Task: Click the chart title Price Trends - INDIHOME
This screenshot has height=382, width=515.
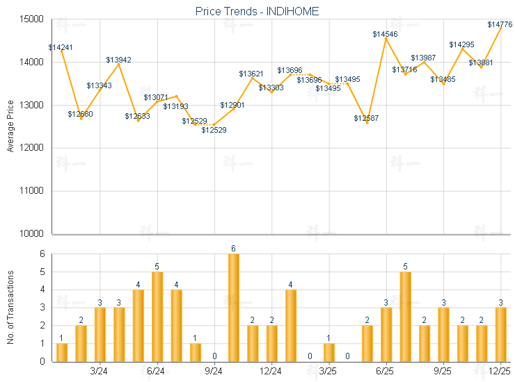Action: (x=257, y=11)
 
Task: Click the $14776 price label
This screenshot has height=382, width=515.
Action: (x=500, y=25)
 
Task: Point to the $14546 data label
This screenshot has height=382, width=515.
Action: (x=385, y=34)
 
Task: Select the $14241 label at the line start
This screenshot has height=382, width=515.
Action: (x=61, y=48)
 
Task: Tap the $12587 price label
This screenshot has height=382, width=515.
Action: (x=366, y=119)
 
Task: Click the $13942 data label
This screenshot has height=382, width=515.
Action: (x=118, y=60)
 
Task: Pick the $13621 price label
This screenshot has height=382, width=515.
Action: (x=251, y=74)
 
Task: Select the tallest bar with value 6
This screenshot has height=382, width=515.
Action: (x=234, y=307)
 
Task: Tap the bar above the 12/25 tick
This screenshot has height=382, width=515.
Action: (x=501, y=334)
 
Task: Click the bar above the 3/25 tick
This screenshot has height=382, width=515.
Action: (x=329, y=352)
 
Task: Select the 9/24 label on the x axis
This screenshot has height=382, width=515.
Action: (x=214, y=372)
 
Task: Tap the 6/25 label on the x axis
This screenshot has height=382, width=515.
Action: (x=386, y=372)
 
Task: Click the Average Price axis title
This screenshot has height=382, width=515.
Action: (x=10, y=127)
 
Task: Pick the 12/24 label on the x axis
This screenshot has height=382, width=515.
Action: (x=271, y=372)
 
